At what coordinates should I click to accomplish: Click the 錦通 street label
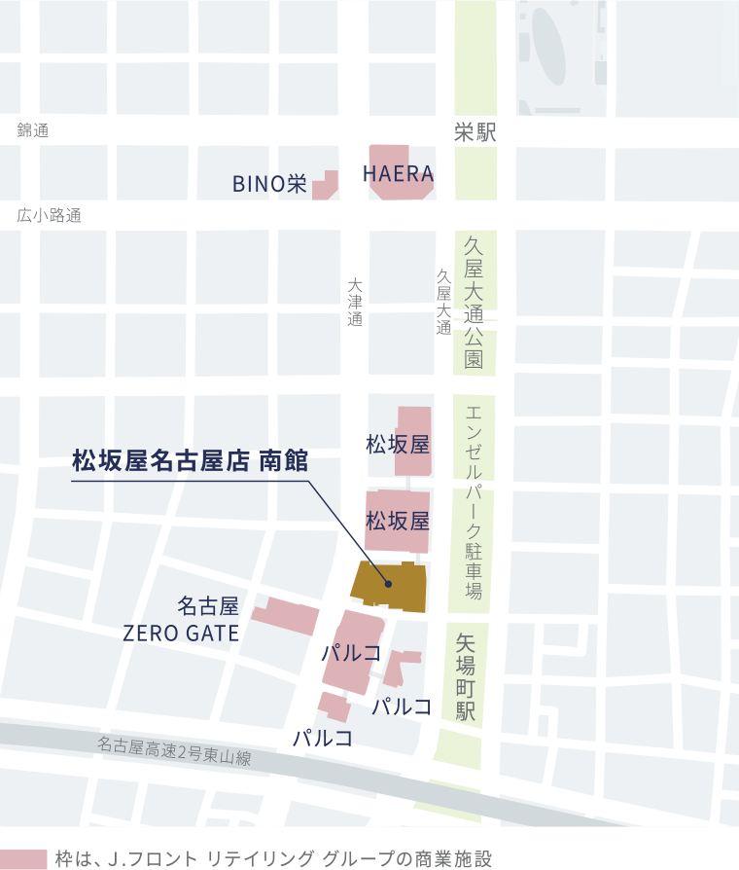32,130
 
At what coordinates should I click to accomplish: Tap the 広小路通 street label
49,216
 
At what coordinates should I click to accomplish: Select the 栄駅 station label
475,133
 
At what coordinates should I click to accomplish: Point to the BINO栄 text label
269,184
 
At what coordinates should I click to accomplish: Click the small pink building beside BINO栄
326,185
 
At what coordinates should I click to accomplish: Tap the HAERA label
398,174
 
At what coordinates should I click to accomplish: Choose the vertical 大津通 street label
355,303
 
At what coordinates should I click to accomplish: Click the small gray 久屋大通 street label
443,303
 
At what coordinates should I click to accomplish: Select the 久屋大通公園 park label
475,303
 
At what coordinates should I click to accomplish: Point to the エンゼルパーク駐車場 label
475,501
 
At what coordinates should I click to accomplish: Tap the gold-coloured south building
389,584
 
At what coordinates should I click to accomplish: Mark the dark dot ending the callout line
388,585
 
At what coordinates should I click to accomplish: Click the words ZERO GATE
181,634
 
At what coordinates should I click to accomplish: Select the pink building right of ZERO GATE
286,617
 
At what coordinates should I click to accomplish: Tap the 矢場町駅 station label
466,677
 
